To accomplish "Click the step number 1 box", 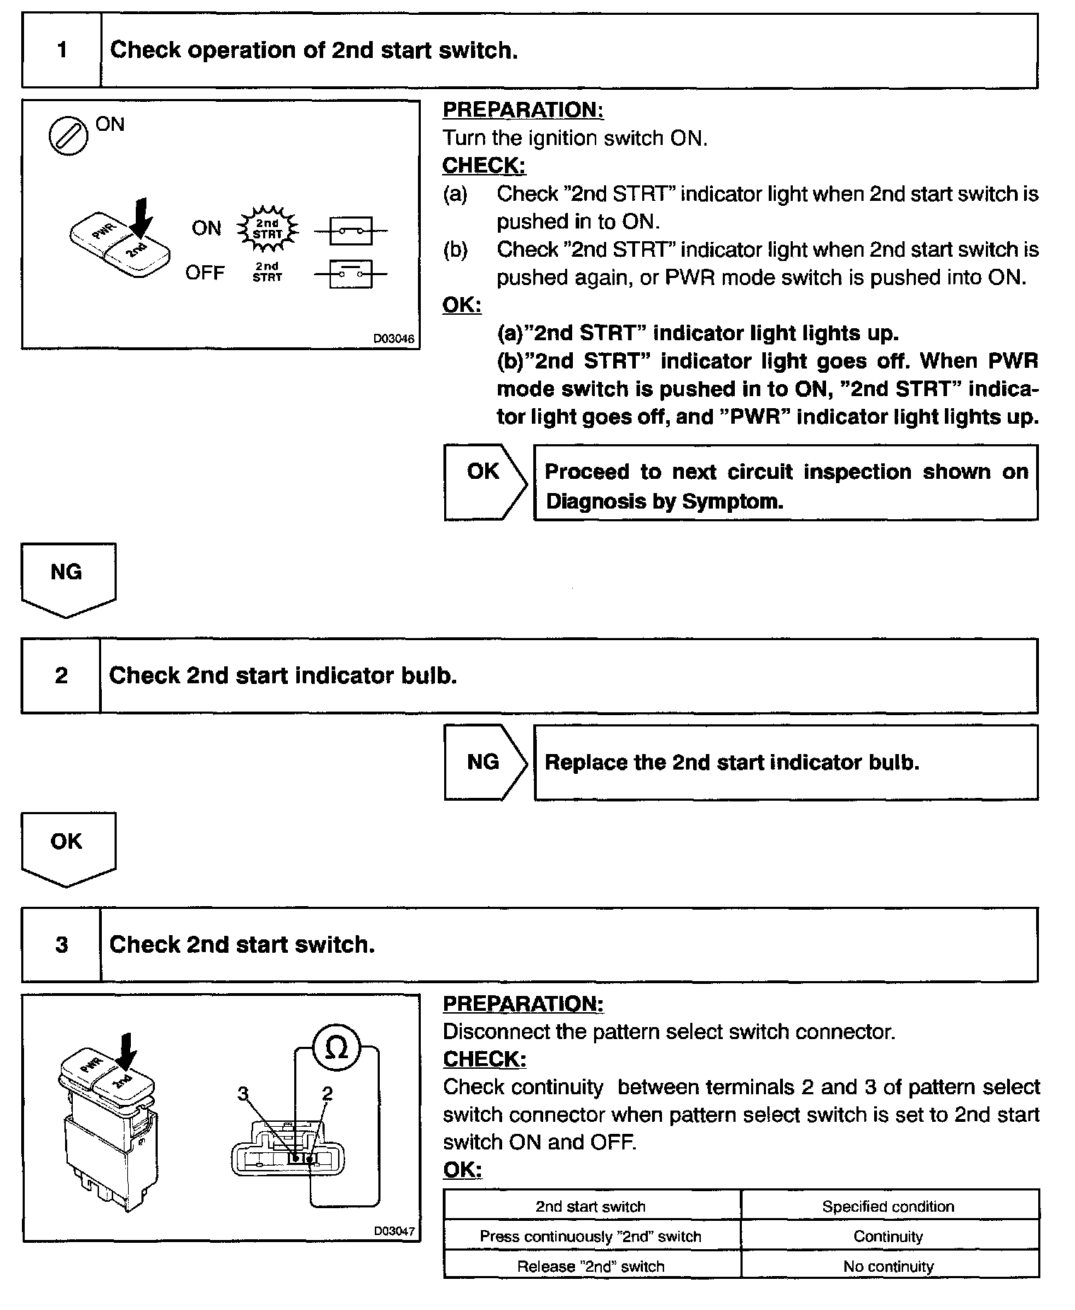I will (x=62, y=50).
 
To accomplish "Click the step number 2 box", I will (x=62, y=676).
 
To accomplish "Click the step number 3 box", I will (x=62, y=945).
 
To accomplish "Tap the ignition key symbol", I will (x=69, y=134).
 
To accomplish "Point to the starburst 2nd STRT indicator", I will (x=267, y=228).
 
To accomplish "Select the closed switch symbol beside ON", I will (x=351, y=231).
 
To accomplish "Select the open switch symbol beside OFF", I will (x=351, y=273).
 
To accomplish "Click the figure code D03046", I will (x=393, y=339).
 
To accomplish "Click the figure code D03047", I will (x=394, y=1231).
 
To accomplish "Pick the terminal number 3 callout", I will (x=244, y=1094).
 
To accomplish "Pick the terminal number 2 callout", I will (x=327, y=1094).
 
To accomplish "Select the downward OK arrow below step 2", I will (x=68, y=847).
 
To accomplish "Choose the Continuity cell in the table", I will (x=888, y=1236).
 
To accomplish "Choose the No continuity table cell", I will (x=888, y=1266).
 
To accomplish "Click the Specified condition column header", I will (x=888, y=1207).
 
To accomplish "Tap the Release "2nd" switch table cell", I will (x=591, y=1266).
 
